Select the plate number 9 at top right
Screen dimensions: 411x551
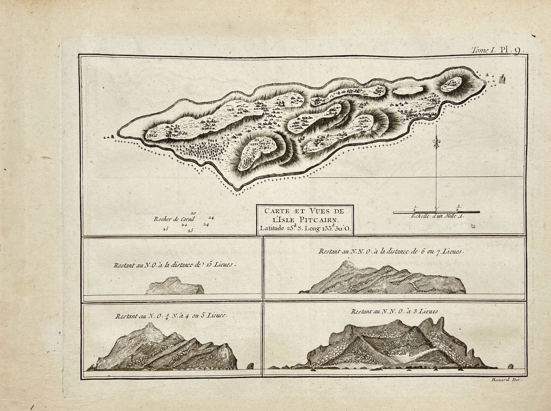(517, 50)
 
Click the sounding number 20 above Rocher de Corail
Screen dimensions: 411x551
(193, 213)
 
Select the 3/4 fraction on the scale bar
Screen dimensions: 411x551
(458, 208)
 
